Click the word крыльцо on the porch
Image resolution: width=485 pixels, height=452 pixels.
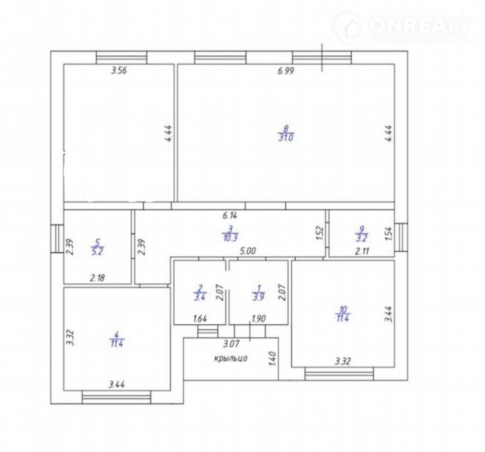coord(231,358)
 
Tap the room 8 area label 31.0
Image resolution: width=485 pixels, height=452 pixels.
coord(286,137)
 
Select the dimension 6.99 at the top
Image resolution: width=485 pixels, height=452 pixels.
coord(286,71)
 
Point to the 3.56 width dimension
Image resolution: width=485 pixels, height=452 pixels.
coord(119,71)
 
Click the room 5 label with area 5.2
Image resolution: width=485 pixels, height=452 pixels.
coord(97,247)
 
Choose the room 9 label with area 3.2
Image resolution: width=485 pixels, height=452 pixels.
coord(362,234)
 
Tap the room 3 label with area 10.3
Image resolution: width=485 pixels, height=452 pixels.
coord(230,234)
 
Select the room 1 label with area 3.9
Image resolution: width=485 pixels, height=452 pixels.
coord(259,293)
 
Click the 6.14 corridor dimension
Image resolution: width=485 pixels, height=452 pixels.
coord(230,216)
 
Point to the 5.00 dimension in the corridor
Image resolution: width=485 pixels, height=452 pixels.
coord(248,251)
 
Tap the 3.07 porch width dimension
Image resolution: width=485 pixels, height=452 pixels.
coord(232,343)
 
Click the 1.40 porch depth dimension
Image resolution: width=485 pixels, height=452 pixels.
coord(272,358)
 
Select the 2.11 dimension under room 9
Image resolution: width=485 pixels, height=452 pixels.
coord(362,251)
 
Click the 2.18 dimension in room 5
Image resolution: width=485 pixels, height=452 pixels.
coord(97,278)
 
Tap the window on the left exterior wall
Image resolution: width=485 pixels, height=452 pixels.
coord(57,238)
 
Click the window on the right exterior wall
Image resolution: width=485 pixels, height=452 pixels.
coord(401,237)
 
